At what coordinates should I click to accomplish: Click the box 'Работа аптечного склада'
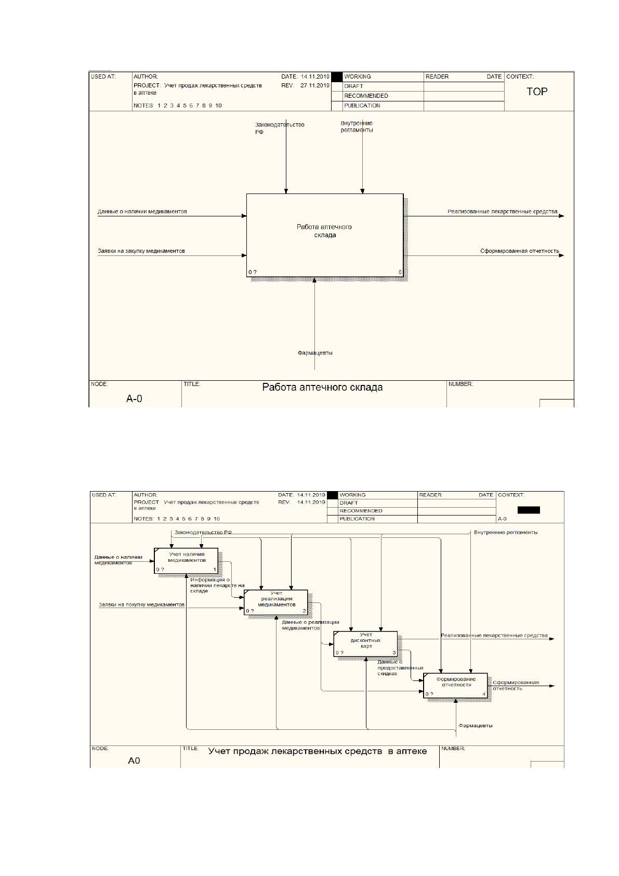[325, 235]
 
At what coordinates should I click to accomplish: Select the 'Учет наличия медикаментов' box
[186, 560]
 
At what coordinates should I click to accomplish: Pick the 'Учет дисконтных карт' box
[365, 643]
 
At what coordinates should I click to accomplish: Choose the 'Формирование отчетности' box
[456, 685]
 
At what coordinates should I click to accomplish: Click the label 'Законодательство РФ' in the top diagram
[280, 128]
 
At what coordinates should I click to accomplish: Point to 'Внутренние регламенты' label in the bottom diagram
[506, 532]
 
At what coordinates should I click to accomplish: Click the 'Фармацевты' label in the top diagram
[315, 353]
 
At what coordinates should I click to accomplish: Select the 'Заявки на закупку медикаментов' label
[141, 251]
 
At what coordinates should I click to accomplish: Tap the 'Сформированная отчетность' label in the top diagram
[519, 251]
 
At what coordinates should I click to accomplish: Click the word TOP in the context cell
[537, 92]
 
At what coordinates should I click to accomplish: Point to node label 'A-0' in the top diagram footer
[134, 398]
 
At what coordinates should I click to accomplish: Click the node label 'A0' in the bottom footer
[134, 760]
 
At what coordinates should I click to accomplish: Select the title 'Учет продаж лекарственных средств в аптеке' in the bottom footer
[318, 751]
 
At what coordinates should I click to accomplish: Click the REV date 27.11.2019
[314, 85]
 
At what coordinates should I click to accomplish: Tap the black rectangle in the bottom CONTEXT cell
[529, 510]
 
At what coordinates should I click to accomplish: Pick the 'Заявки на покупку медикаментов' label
[141, 604]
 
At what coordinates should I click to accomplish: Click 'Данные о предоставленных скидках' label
[400, 667]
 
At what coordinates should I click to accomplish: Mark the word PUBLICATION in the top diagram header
[362, 106]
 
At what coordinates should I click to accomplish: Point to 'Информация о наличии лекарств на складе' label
[217, 585]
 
